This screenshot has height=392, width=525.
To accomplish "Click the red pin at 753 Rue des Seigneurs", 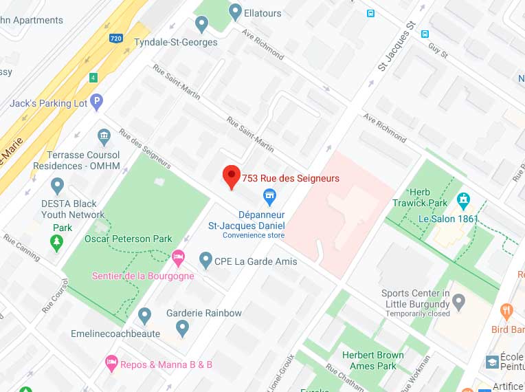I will tap(231, 177).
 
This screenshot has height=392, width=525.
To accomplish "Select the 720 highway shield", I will tap(116, 39).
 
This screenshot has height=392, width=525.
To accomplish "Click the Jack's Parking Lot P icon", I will tap(98, 103).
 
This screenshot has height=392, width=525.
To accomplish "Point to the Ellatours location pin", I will tap(236, 11).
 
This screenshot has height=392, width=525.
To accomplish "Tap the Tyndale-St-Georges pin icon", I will tap(201, 25).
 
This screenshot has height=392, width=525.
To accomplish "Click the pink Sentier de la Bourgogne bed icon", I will tap(178, 259).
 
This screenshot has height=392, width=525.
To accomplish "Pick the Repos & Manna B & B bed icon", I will tap(110, 362).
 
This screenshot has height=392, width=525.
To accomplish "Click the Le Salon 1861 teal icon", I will tap(464, 201).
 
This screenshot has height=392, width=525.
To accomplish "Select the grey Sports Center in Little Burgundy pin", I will tap(459, 301).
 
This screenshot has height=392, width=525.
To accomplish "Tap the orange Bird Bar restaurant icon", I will tap(506, 310).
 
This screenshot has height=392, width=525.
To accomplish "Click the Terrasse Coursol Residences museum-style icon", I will tap(104, 135).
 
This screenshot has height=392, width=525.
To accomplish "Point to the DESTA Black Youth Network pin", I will tap(58, 185).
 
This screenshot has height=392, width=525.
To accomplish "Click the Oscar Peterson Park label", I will tap(129, 239).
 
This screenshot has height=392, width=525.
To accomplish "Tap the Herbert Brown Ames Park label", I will tap(372, 360).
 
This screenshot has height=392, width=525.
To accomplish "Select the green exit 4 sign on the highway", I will tap(93, 77).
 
